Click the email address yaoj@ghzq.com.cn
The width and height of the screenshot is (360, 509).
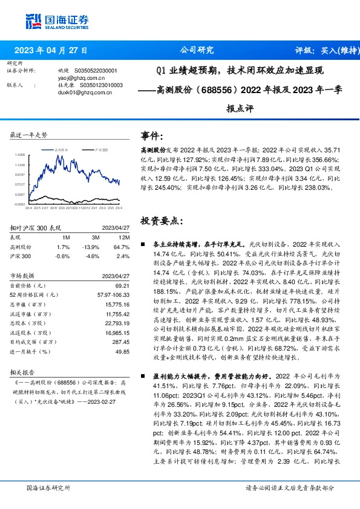tap(78, 78)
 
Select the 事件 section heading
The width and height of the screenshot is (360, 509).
tap(152, 136)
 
